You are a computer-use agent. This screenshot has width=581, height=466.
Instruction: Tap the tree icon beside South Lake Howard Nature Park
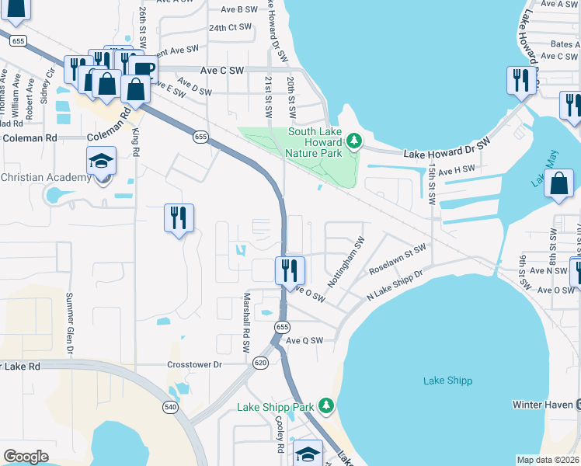click(x=355, y=141)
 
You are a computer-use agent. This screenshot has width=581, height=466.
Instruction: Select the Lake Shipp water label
click(x=447, y=381)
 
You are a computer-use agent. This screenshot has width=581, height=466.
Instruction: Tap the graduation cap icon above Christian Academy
click(x=101, y=162)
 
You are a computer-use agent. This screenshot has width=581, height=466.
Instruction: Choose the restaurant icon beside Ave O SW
click(x=290, y=270)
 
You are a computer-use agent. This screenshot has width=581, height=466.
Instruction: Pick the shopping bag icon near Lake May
click(x=560, y=184)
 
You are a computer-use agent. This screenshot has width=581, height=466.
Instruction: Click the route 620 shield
click(x=261, y=362)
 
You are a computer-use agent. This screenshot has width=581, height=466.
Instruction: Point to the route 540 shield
click(x=170, y=406)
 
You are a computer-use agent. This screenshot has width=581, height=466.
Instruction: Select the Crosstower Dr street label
click(x=195, y=363)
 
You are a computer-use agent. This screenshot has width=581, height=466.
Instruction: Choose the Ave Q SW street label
click(x=304, y=340)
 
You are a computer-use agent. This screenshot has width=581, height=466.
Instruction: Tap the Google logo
click(x=26, y=457)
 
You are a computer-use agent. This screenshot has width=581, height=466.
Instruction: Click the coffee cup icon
click(x=142, y=68)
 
